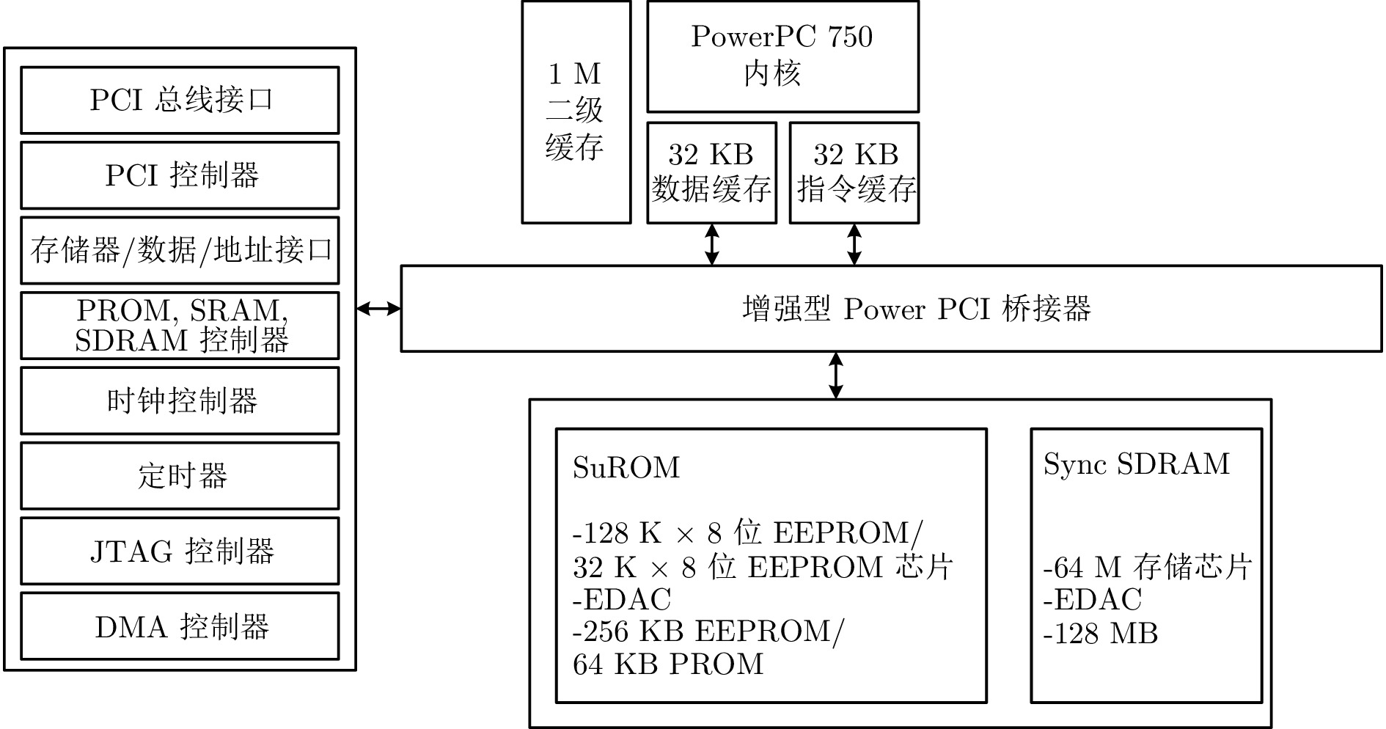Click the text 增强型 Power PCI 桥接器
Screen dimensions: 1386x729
point(917,309)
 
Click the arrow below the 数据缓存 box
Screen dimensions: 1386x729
point(711,245)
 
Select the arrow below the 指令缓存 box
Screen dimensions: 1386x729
point(854,245)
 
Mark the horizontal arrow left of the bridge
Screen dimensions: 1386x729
point(378,309)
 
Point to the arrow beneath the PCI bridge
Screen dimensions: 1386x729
point(835,376)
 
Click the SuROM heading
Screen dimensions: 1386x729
point(626,467)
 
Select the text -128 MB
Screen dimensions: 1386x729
point(1100,634)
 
